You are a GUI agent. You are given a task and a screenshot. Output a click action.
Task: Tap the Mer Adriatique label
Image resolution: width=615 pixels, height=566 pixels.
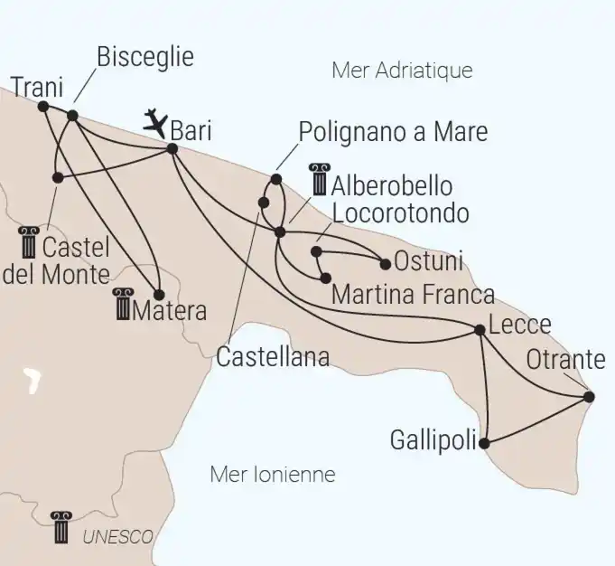pos(402,70)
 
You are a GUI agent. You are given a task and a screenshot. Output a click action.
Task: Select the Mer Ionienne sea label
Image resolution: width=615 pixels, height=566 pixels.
pos(272,474)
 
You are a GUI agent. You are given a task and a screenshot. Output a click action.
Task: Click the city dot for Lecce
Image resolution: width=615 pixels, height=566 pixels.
pos(480,330)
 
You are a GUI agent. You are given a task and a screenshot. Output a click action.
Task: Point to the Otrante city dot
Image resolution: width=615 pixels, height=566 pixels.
pos(589,396)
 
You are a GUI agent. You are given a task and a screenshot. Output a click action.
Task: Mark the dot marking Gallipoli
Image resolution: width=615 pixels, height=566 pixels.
pos(485,443)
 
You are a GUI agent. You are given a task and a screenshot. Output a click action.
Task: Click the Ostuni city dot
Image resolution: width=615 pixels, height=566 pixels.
pos(386,265)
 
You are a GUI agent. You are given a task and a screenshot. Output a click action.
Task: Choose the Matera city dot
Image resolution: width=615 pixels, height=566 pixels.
pos(159,295)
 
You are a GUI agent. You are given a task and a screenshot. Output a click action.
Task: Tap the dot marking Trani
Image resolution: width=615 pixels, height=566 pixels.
pos(43,106)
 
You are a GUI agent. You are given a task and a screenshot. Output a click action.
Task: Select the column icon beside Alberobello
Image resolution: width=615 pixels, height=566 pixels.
pos(319,179)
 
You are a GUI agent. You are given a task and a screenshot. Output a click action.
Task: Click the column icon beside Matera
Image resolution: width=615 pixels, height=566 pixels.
pos(121,306)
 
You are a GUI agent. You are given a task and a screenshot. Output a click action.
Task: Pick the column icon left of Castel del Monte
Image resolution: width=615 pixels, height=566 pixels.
pos(29,241)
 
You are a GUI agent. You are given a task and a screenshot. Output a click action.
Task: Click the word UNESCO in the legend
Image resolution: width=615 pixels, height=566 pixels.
pos(117,536)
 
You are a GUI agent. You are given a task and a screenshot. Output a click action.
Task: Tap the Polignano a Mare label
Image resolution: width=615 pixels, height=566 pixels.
pos(393,132)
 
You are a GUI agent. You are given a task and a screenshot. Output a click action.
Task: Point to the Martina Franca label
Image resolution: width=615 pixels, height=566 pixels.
pos(413,294)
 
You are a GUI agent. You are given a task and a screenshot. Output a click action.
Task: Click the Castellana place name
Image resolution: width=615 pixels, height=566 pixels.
pos(273,357)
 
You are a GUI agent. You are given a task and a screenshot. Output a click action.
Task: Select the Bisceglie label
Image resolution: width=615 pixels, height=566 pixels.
pos(144,58)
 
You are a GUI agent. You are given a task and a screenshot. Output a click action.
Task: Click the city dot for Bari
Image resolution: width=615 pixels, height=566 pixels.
pos(172,147)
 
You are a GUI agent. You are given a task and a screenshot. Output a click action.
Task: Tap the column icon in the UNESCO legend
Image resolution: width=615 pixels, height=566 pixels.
pos(61,527)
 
